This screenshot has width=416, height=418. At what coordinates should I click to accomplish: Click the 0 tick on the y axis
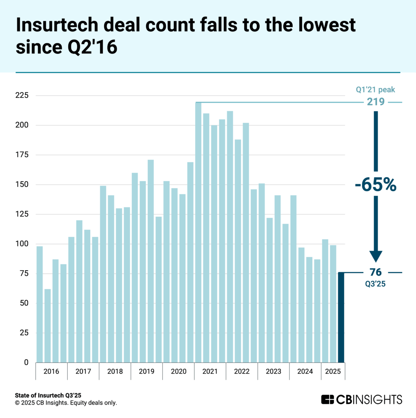coord(25,362)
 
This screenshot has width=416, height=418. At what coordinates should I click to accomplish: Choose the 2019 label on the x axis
coord(147,371)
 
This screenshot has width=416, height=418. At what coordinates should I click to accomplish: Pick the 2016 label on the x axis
coord(51,371)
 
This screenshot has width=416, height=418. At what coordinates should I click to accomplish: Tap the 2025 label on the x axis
coord(333,371)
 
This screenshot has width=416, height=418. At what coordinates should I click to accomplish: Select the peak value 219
coord(376,102)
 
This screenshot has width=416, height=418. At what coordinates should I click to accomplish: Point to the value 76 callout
coord(376,272)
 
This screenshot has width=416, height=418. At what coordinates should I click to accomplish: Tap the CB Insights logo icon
coord(328,399)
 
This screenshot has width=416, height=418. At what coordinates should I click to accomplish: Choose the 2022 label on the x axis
coord(242,371)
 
